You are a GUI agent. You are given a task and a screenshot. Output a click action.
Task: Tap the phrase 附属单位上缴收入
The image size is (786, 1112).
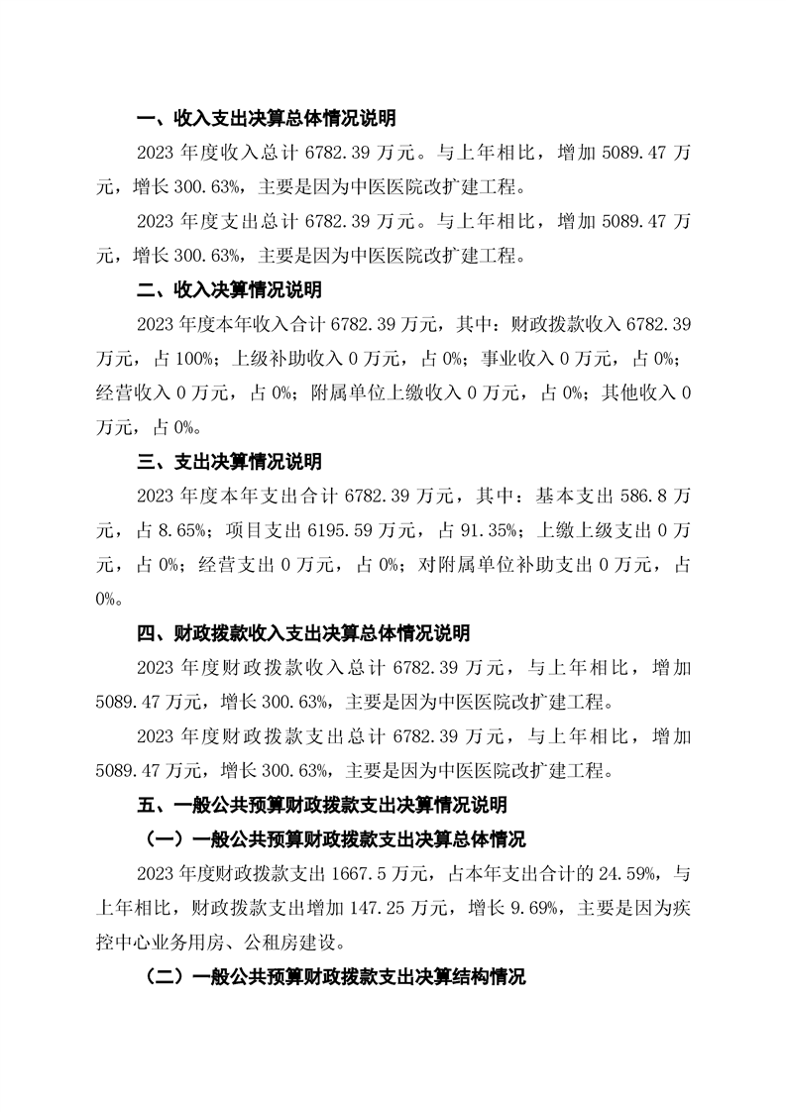[379, 392]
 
